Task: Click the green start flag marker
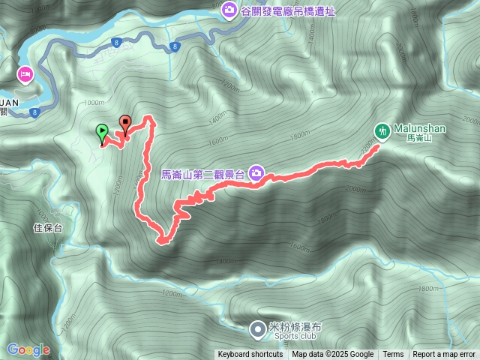[x=101, y=133]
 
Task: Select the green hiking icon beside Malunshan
[x=382, y=130]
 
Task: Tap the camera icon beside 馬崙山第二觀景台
[x=256, y=174]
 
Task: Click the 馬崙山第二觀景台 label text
[x=203, y=175]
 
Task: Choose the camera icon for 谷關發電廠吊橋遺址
[x=229, y=10]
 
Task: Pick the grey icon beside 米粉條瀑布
[x=258, y=328]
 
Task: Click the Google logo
[x=28, y=349]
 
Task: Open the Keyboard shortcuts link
[x=250, y=355]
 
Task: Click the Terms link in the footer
[x=393, y=355]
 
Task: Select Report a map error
[x=445, y=355]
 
